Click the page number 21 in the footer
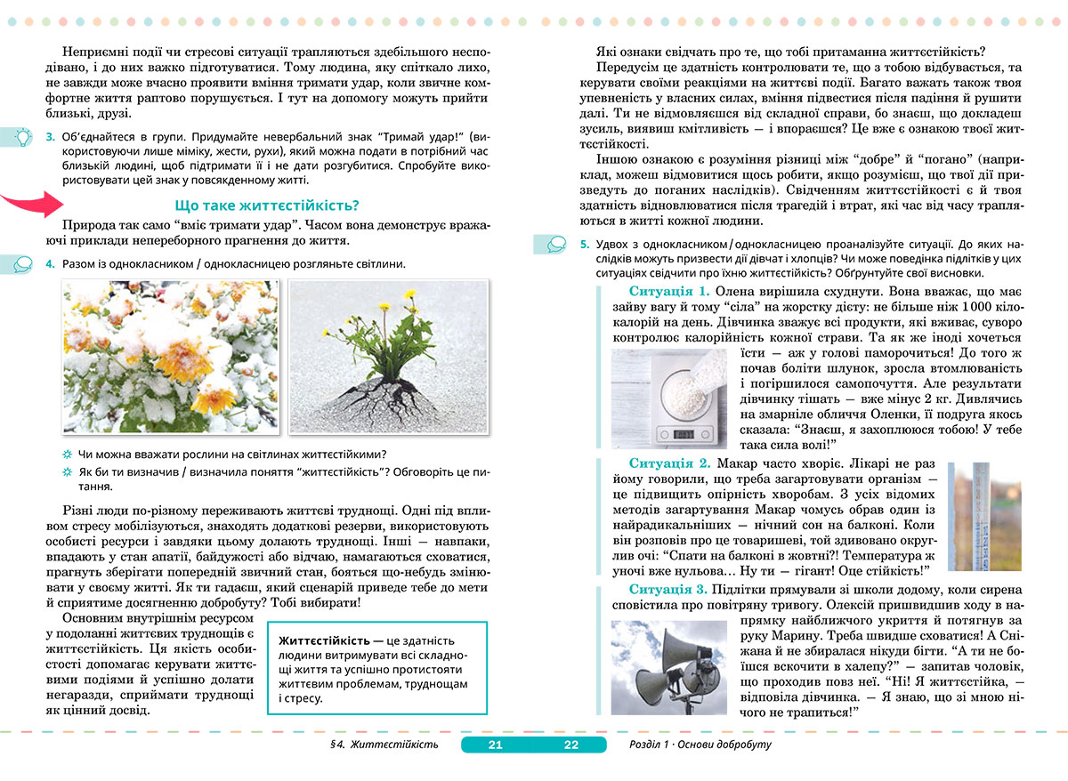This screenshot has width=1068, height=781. coord(496,745)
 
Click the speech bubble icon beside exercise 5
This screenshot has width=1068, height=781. coord(554,243)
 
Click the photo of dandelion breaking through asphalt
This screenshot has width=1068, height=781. coord(389,356)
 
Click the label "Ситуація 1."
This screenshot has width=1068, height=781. coord(669,292)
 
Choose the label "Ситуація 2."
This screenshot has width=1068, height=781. coord(669,463)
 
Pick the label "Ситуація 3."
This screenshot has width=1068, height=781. coord(669,590)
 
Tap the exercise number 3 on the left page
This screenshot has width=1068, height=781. coord(50,138)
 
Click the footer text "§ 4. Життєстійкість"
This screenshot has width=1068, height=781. coord(384,745)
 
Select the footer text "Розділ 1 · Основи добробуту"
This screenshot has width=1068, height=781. coord(700,745)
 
